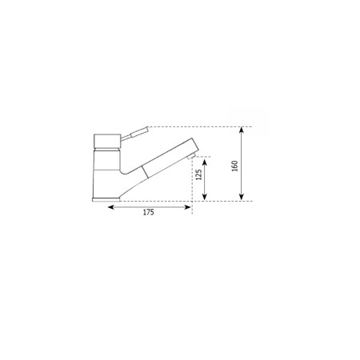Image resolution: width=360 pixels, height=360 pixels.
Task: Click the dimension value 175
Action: coord(149,213)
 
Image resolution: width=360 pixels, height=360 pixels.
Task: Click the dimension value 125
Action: coord(198,174)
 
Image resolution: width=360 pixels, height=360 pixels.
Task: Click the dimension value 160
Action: coord(235,166)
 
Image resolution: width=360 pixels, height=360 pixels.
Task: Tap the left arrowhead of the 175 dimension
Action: coord(111,207)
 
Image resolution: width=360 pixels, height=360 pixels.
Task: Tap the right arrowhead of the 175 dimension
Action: coord(188,207)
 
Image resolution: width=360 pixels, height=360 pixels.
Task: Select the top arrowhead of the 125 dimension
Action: coord(205,162)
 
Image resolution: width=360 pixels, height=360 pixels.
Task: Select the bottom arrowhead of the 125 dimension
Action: coord(205,197)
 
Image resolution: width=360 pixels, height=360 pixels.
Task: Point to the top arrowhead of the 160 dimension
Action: coord(242,130)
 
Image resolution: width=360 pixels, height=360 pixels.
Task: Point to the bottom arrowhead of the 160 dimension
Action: coord(242,197)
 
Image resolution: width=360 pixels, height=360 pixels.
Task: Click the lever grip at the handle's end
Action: coord(139,132)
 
